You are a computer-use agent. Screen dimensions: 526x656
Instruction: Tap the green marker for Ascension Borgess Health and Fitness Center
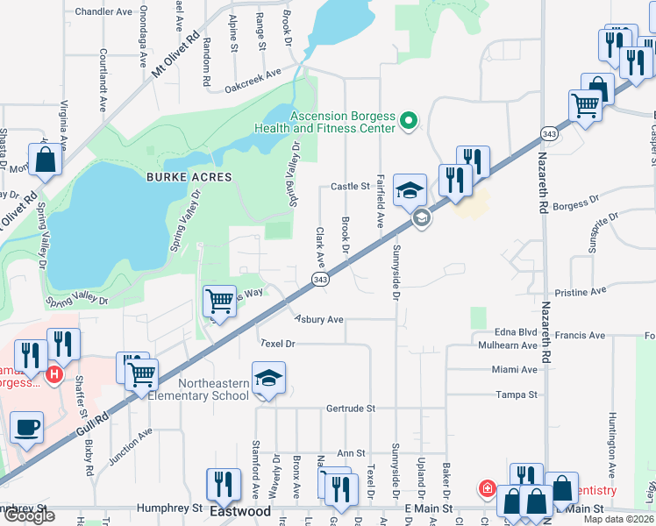tap(408, 121)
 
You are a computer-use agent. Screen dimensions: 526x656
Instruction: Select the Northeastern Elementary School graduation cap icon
tap(268, 378)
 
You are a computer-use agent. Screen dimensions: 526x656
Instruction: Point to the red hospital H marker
tap(54, 375)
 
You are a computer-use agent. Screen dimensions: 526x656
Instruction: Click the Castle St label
tap(350, 187)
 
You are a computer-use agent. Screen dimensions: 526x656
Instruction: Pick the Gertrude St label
tap(350, 409)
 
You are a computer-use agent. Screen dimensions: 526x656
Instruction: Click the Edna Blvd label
tap(515, 333)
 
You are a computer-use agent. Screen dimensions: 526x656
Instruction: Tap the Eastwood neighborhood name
tap(239, 510)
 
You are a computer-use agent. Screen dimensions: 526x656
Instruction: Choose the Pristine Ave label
tap(580, 290)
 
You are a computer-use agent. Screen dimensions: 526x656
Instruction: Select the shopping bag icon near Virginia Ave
tap(46, 160)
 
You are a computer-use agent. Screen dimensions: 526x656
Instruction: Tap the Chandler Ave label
tap(103, 12)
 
